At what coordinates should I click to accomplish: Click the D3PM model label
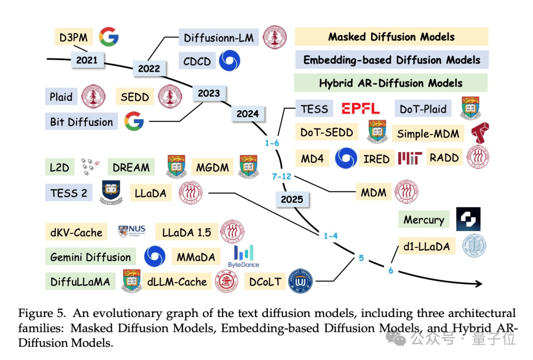(74, 37)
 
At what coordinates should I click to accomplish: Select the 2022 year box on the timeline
(149, 68)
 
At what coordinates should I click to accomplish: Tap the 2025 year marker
(292, 199)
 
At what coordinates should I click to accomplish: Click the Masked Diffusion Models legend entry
(391, 37)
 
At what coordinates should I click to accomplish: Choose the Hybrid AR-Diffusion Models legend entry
(391, 83)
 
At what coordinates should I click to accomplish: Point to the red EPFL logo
(360, 109)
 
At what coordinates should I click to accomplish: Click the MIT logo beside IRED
(410, 158)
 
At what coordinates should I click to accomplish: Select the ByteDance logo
(243, 256)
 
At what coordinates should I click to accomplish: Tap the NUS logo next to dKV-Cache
(132, 231)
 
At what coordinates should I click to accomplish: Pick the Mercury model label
(424, 219)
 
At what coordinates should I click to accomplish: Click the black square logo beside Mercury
(468, 219)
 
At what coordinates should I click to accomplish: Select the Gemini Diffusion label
(90, 257)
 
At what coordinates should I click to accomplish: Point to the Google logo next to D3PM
(109, 37)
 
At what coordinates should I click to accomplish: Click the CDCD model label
(197, 61)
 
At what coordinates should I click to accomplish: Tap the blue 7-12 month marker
(281, 176)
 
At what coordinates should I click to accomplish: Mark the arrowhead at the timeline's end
(479, 283)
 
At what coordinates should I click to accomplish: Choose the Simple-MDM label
(428, 133)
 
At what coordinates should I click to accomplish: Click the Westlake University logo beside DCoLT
(300, 281)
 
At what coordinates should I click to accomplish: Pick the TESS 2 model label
(69, 193)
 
